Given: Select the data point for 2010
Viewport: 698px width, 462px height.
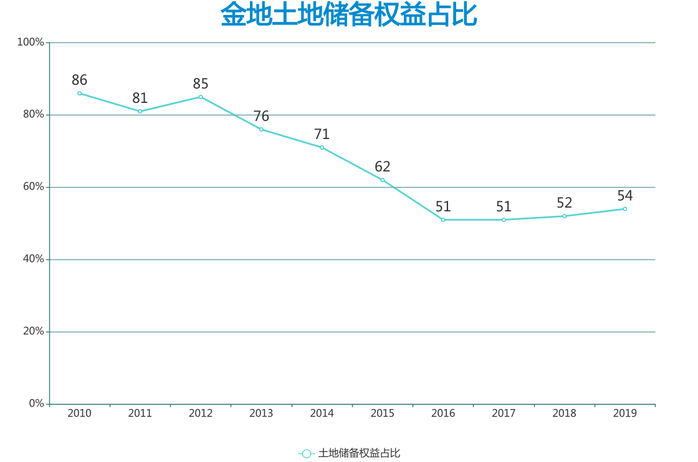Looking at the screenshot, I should click(79, 94).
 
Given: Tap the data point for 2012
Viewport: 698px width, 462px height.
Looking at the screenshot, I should click(201, 97).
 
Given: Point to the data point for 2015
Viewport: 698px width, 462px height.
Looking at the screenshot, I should click(383, 180).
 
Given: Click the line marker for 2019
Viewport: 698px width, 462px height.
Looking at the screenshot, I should click(624, 209).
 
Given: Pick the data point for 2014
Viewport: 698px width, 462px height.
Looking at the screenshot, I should click(322, 148).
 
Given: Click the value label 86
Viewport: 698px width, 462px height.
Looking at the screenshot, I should click(79, 80).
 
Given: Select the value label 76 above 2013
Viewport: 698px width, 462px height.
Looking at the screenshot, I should click(261, 117).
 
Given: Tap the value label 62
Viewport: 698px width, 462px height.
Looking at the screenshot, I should click(383, 167).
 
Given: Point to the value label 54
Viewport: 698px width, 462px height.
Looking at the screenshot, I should click(624, 196).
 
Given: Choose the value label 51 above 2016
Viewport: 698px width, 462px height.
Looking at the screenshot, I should click(443, 207).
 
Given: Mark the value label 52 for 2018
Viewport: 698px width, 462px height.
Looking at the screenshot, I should click(564, 203).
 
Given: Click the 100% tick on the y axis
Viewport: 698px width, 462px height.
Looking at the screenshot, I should click(31, 42).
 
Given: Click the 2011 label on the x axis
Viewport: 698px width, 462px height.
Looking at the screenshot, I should click(140, 413).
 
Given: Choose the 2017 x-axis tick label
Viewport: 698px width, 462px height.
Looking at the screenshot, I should click(504, 413).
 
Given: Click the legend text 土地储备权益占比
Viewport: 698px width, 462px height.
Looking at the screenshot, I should click(359, 453).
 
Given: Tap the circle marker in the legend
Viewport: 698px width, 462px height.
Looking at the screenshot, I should click(306, 454).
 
